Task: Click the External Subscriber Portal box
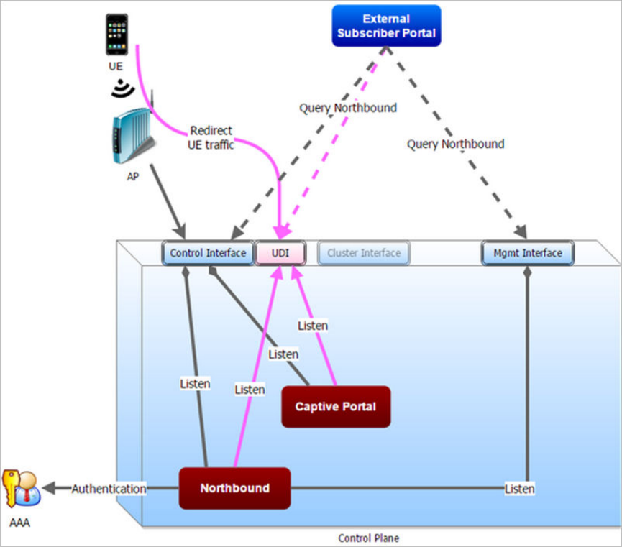[386, 26]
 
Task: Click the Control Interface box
[208, 253]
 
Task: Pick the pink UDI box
[281, 253]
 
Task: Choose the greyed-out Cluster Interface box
[364, 253]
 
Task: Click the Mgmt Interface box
[528, 253]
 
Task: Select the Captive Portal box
[336, 407]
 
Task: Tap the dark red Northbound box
[234, 488]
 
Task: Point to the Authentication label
[109, 489]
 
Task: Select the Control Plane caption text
[368, 538]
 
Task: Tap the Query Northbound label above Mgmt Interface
[455, 144]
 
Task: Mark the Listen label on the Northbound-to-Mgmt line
[519, 489]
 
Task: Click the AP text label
[133, 176]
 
